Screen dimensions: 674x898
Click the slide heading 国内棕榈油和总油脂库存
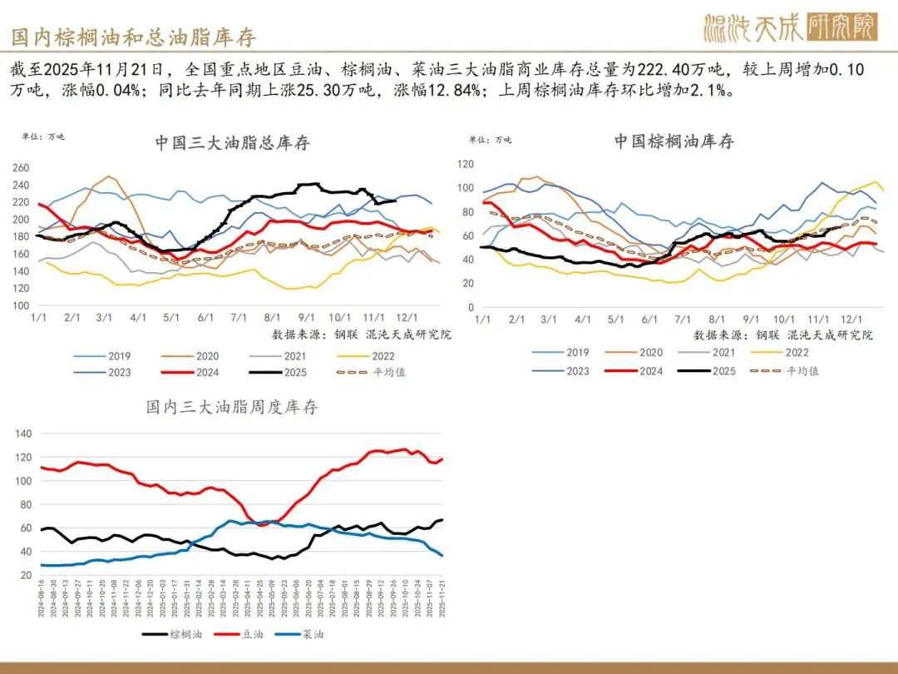pyautogui.click(x=134, y=37)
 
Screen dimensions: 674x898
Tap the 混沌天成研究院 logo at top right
pyautogui.click(x=789, y=28)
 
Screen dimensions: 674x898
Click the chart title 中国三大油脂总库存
pyautogui.click(x=232, y=142)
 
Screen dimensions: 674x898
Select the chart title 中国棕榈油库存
pyautogui.click(x=673, y=141)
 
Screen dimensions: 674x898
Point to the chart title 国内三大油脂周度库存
pyautogui.click(x=232, y=407)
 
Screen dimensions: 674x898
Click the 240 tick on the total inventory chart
pyautogui.click(x=21, y=185)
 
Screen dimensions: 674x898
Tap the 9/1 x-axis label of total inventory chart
pyautogui.click(x=305, y=318)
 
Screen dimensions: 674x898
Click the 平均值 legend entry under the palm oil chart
pyautogui.click(x=802, y=370)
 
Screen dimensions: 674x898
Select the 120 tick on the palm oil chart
pyautogui.click(x=466, y=164)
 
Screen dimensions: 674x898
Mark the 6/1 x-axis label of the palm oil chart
pyautogui.click(x=649, y=320)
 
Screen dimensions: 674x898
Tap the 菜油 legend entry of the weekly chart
pyautogui.click(x=312, y=634)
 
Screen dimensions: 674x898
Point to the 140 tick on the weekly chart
pyautogui.click(x=22, y=434)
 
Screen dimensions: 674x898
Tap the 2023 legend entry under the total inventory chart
pyautogui.click(x=119, y=372)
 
